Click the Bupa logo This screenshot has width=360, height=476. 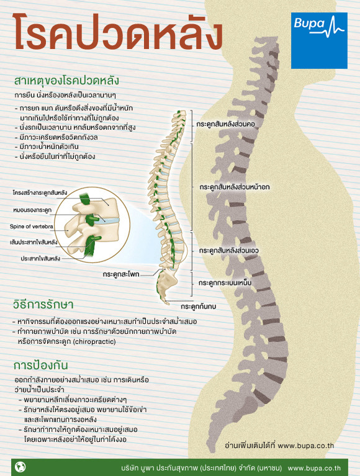(x=319, y=40)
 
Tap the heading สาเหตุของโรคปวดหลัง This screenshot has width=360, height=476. (x=66, y=81)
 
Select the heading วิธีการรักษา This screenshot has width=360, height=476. (x=43, y=304)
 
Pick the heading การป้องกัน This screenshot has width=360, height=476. (x=40, y=365)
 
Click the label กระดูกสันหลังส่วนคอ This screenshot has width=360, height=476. (x=225, y=124)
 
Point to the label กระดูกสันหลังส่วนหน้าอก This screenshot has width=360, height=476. (x=235, y=187)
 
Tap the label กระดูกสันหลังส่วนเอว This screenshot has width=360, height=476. (x=228, y=251)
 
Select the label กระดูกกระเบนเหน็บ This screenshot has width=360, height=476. (x=225, y=282)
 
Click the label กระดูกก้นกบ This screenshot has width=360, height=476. (x=198, y=307)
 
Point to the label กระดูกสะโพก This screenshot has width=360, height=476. (x=121, y=274)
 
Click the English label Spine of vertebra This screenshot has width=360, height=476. (x=31, y=227)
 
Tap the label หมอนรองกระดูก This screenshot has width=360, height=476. (x=32, y=210)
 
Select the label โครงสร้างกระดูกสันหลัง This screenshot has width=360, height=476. (x=40, y=193)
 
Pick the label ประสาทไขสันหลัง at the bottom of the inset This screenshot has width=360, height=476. (x=40, y=258)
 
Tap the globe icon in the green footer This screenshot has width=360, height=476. (x=20, y=467)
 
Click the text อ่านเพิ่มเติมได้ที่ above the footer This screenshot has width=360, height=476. (x=250, y=446)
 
